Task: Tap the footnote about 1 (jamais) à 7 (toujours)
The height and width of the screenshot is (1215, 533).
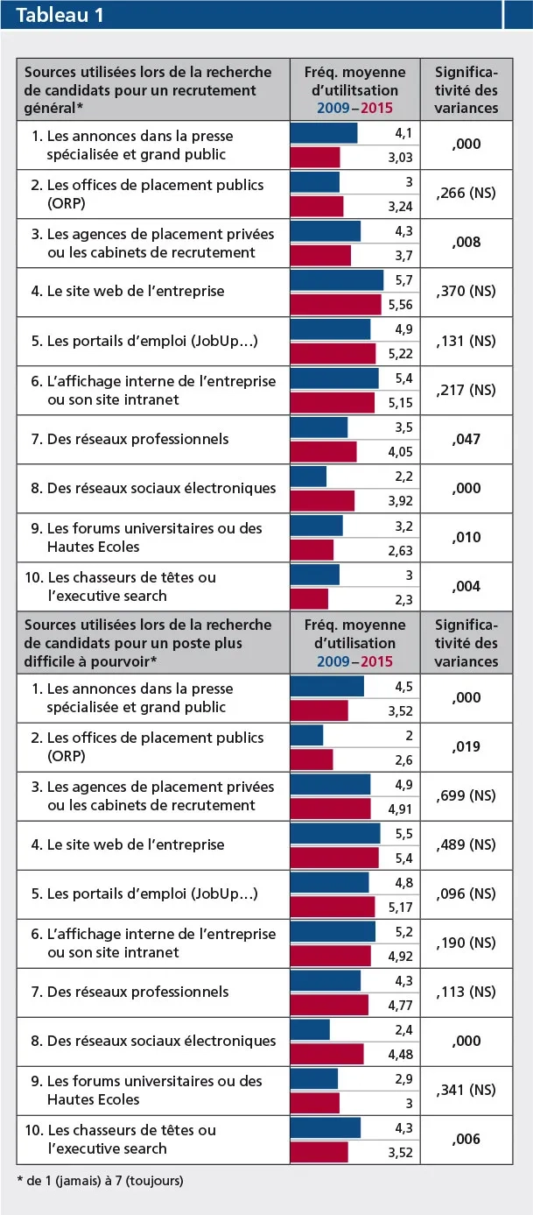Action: (100, 1180)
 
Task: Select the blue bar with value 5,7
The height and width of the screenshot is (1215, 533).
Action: (337, 280)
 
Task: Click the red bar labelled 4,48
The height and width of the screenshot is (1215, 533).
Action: (326, 1053)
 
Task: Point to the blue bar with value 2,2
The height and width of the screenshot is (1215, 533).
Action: (308, 477)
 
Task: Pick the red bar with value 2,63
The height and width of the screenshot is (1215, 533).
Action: (312, 550)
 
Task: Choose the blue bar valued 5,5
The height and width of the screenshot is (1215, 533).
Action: (335, 833)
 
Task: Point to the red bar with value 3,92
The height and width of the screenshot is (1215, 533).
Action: (322, 500)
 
